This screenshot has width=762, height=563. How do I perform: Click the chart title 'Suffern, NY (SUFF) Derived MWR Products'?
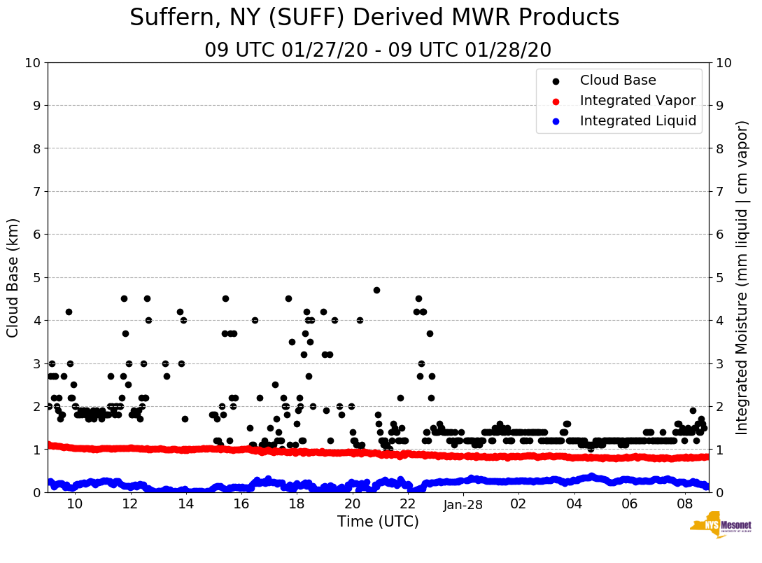pos(374,18)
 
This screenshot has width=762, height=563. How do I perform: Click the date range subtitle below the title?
pos(378,50)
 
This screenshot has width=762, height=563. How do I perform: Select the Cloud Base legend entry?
pos(618,81)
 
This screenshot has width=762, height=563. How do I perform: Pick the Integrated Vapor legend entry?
pos(637,101)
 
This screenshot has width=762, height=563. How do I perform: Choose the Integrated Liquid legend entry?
pos(637,121)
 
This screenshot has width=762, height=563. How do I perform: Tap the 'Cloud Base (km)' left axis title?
pos(13,277)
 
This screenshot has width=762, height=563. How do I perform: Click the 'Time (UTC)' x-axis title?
pos(378,522)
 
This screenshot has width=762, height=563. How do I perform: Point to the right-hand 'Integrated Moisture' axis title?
pos(742,277)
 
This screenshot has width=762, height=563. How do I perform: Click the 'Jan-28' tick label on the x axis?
pos(463,504)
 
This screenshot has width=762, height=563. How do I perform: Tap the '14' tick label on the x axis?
pos(185,504)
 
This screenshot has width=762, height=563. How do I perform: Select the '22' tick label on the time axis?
pos(408,504)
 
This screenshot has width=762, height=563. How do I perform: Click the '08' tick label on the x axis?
pos(685,504)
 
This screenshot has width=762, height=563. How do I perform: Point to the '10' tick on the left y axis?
pos(32,63)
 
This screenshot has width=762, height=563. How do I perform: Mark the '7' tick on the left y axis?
pos(36,192)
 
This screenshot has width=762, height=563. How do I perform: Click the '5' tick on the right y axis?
pos(720,277)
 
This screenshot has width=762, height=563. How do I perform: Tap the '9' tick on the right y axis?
pos(720,106)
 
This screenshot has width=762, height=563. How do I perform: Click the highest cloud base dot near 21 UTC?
pos(376,290)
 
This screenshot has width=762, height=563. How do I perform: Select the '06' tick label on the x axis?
pos(630,504)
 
